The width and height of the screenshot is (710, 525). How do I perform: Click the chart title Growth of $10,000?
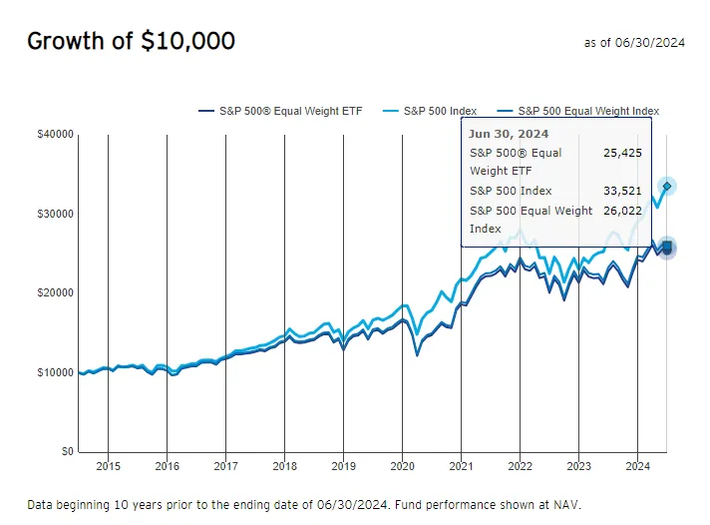131,41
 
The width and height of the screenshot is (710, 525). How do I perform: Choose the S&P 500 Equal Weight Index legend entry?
588,111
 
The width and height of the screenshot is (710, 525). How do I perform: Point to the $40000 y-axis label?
53,134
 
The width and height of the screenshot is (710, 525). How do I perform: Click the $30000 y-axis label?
53,214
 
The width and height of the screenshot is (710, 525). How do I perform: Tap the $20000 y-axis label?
53,293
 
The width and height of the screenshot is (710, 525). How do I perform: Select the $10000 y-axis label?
53,372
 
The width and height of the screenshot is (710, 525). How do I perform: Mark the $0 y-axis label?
62,452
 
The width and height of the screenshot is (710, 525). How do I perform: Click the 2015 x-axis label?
109,466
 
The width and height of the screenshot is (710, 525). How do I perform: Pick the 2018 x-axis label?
285,466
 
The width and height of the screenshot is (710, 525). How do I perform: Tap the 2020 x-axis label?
403,466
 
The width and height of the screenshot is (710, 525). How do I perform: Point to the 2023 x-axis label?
579,466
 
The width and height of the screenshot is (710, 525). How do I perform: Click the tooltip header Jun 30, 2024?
509,134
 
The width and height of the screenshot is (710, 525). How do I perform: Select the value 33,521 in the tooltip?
623,191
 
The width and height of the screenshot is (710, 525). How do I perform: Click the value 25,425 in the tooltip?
623,153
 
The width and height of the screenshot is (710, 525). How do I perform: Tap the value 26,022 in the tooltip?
623,211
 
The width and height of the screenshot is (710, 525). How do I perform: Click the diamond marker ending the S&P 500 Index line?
667,186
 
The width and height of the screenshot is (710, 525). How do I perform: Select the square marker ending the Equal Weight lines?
666,248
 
